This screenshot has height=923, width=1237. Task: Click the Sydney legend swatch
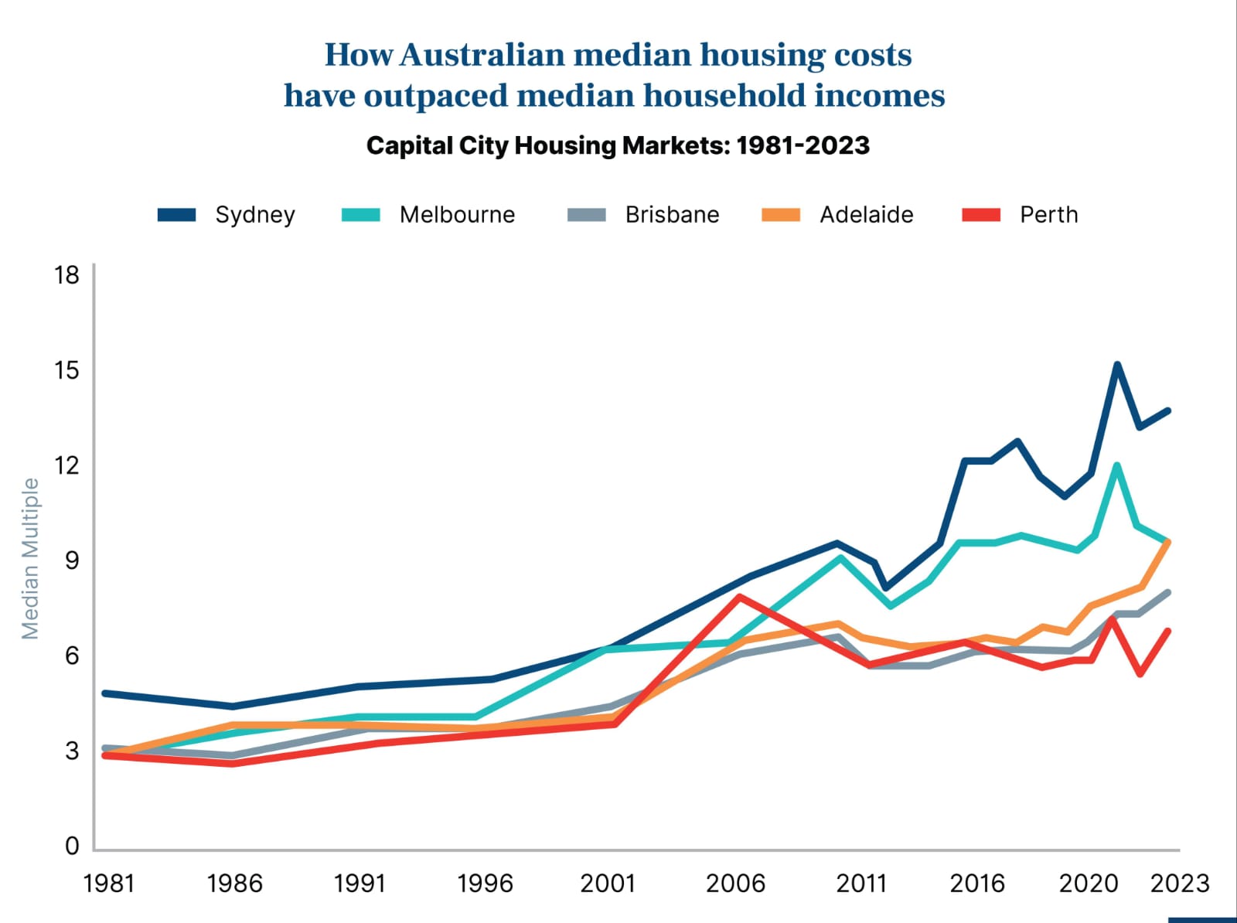(x=176, y=215)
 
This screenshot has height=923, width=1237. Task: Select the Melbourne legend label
(x=457, y=215)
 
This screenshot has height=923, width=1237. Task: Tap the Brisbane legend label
(x=672, y=215)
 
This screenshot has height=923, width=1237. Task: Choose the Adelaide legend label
(x=866, y=215)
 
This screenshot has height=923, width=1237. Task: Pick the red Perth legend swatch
(x=981, y=215)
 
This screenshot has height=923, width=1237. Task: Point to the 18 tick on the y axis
(x=67, y=274)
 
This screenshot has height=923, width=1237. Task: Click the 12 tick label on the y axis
(x=67, y=465)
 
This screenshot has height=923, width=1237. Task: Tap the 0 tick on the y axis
(x=72, y=846)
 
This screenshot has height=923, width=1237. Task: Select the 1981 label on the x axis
(x=109, y=883)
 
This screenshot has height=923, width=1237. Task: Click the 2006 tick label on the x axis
(x=735, y=883)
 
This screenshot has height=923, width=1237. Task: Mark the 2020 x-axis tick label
(x=1089, y=883)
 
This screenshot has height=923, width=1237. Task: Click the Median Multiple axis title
(x=30, y=558)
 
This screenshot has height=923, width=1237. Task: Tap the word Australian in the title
(x=482, y=55)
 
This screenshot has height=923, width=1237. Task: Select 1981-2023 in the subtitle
(x=803, y=145)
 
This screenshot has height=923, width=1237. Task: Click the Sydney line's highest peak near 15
(x=1117, y=364)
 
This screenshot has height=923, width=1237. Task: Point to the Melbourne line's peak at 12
(x=1116, y=465)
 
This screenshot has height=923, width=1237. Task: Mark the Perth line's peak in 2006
(x=740, y=597)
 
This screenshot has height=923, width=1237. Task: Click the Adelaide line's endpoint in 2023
(x=1167, y=542)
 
